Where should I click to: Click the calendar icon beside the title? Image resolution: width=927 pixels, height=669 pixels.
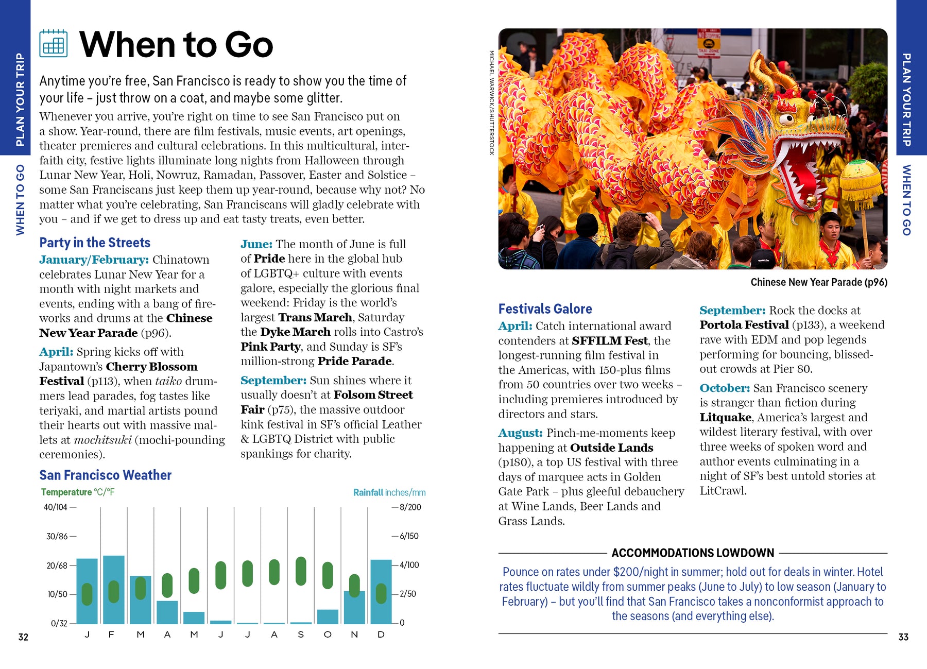[54, 43]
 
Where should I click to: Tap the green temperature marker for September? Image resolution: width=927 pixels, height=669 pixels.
[301, 571]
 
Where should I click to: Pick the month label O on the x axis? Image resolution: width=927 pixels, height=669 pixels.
[328, 634]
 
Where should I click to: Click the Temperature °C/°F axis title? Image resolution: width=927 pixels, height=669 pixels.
[78, 492]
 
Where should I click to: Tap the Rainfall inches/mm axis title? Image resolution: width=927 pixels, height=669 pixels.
[389, 493]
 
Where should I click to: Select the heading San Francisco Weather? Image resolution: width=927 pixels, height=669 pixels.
[105, 475]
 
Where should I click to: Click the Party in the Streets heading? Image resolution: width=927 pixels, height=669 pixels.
[95, 243]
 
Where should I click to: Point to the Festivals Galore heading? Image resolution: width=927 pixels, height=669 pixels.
[545, 309]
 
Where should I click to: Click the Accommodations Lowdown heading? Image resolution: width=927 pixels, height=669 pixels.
[693, 553]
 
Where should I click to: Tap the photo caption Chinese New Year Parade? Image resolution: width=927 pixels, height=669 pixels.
[818, 282]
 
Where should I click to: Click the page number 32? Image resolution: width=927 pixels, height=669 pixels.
[23, 638]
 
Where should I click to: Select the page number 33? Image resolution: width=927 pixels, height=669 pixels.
[903, 638]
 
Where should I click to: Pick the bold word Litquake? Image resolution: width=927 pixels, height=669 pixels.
[725, 417]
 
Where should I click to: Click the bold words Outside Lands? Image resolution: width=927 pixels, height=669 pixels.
[611, 448]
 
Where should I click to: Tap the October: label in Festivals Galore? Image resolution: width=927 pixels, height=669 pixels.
[724, 388]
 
